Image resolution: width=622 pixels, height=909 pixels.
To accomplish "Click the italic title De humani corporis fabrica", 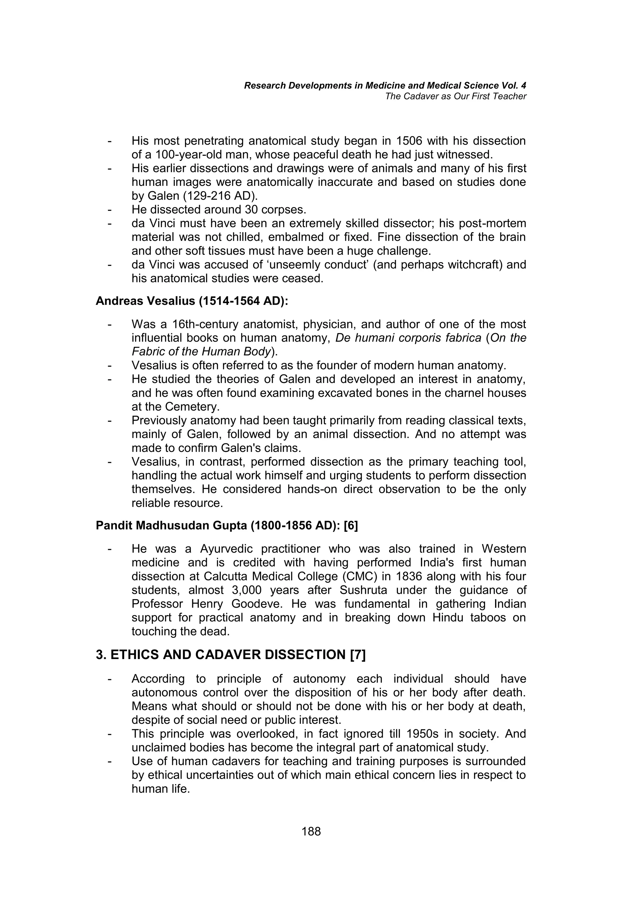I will pyautogui.click(x=408, y=338).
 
